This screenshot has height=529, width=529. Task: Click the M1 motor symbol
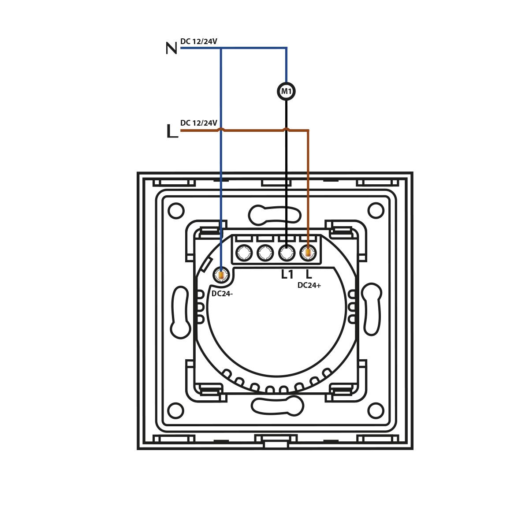click(x=287, y=91)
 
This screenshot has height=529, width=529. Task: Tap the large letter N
click(x=171, y=48)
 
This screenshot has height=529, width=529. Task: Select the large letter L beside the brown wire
click(x=172, y=131)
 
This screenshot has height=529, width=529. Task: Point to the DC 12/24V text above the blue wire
click(x=199, y=41)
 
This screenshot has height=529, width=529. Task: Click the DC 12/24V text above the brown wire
click(x=199, y=123)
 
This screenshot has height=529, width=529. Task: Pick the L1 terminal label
click(x=287, y=274)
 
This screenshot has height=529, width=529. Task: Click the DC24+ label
click(x=309, y=286)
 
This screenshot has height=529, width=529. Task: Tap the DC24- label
click(x=222, y=294)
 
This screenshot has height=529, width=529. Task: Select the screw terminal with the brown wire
click(x=308, y=253)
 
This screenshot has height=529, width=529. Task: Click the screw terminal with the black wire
click(x=287, y=253)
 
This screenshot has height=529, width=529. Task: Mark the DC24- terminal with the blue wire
click(x=221, y=275)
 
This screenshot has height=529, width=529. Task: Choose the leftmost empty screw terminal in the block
click(x=244, y=253)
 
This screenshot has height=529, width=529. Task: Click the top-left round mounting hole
click(x=176, y=211)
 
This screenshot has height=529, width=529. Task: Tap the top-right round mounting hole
click(x=376, y=211)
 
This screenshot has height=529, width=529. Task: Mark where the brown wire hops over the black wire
click(x=286, y=129)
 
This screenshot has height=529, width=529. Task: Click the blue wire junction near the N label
click(x=221, y=48)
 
